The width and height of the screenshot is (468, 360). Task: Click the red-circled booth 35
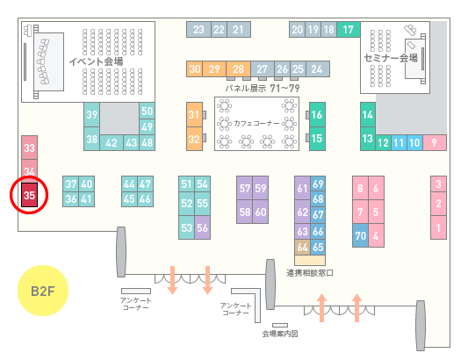coord(29,195)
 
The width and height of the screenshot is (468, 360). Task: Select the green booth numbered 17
coord(349,30)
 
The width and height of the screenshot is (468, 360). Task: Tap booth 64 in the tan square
coord(302,247)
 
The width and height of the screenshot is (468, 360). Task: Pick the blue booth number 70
coord(360,235)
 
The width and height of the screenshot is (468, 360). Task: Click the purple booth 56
coord(202,227)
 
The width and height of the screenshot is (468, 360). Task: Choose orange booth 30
coord(195,69)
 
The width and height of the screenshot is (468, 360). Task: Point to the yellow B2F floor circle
coord(43,291)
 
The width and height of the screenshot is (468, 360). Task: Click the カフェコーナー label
coord(256,123)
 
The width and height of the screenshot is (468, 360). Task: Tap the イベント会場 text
coord(96,61)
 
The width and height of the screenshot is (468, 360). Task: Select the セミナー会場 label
coord(391,58)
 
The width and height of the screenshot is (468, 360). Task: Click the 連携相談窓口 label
coord(310,273)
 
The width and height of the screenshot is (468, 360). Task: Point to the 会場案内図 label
coord(280,334)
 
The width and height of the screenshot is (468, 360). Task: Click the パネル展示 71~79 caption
coord(263,88)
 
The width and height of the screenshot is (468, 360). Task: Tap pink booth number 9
coord(435,143)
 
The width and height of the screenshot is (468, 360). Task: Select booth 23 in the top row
coord(198,30)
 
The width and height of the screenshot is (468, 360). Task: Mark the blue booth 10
coord(414,143)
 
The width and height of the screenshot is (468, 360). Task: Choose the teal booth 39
coord(91,115)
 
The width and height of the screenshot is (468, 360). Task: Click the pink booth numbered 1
coord(438,227)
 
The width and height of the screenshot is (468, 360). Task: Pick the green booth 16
coord(317,115)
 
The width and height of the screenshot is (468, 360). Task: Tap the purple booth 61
coord(302,188)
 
